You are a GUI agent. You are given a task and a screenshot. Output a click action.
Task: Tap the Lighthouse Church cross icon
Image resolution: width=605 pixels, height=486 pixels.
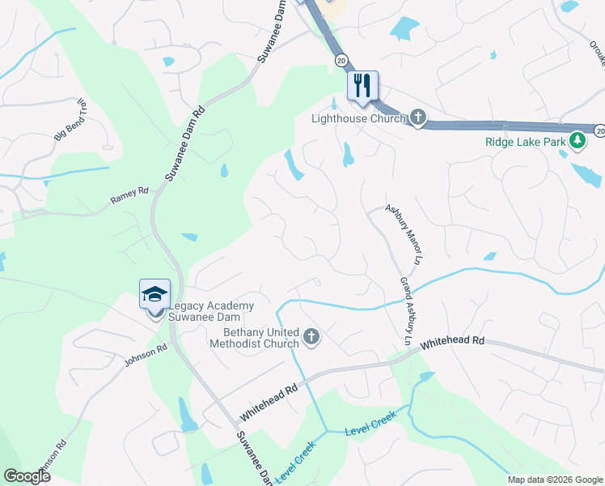tap(417, 119)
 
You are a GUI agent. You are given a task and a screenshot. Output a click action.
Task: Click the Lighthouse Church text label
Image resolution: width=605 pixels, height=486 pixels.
tap(358, 119)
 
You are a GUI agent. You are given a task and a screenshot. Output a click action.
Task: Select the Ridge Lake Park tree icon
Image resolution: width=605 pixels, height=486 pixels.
tap(577, 142)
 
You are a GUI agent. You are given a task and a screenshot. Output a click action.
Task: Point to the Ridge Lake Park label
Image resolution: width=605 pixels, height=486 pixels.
tap(525, 142)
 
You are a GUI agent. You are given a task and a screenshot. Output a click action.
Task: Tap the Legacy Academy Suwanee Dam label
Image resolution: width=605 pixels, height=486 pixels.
tap(211, 311)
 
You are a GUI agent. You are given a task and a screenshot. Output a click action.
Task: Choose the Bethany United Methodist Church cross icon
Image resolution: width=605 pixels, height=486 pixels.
tap(311, 335)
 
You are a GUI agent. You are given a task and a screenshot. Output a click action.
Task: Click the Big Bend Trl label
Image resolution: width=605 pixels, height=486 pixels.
tap(70, 122)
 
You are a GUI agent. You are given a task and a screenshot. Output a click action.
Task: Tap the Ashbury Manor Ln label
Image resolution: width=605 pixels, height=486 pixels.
tap(404, 234)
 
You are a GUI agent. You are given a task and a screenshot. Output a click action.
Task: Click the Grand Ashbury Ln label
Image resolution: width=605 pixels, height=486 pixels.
tap(405, 313)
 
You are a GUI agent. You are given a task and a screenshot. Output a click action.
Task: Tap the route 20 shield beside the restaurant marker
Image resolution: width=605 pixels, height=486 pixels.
tap(341, 60)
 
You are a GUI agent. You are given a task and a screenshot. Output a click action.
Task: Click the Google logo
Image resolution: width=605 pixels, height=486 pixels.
tap(27, 476)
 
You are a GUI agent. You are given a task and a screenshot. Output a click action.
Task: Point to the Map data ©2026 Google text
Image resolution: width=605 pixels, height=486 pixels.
tap(554, 480)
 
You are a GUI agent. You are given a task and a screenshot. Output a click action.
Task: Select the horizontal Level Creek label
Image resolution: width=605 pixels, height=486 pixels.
tap(370, 427)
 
